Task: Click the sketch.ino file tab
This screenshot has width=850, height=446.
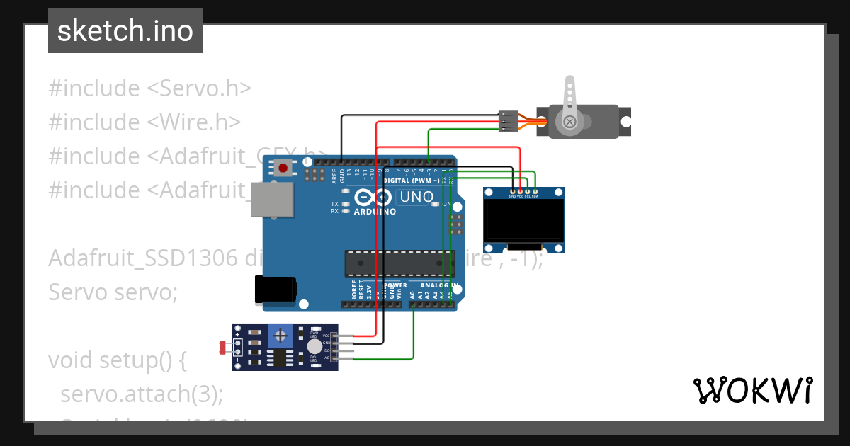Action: pos(125,31)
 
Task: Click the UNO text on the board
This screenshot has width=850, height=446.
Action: pos(417,197)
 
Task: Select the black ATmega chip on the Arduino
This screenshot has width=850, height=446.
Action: pos(399,263)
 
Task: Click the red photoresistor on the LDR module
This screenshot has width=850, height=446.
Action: pos(224,347)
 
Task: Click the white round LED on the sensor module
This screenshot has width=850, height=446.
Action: pos(314,346)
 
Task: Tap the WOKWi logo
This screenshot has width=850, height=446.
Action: pos(752,390)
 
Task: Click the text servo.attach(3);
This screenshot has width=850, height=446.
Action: pos(142,394)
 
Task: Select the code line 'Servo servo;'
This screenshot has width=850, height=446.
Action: pos(113,291)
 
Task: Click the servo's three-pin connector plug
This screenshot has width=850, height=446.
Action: pos(509,122)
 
